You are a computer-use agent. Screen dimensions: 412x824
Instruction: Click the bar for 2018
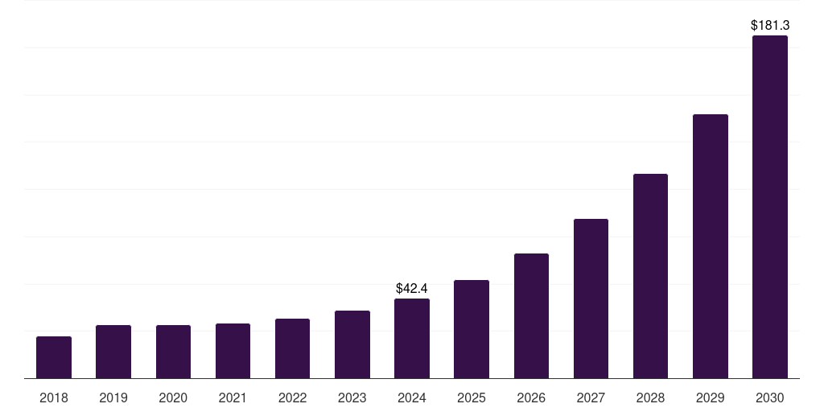tap(54, 357)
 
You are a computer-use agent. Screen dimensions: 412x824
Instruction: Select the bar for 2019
tap(113, 352)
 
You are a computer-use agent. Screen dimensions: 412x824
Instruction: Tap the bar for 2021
tap(233, 351)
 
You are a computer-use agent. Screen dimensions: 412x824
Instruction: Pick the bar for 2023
tap(352, 344)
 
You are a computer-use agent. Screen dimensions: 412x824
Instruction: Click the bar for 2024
tap(412, 338)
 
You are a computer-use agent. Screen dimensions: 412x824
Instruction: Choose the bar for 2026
tap(531, 315)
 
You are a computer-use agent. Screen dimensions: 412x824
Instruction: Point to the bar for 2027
tap(591, 299)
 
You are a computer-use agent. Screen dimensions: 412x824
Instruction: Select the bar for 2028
tap(650, 276)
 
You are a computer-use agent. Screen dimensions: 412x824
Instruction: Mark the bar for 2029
tap(710, 246)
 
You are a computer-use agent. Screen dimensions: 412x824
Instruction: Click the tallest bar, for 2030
tap(770, 207)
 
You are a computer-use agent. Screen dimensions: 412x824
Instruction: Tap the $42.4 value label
tap(412, 288)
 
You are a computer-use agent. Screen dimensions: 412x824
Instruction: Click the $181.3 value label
tap(770, 26)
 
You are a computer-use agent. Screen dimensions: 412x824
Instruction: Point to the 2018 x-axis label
tap(54, 398)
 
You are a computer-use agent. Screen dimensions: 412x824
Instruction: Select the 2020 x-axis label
tap(173, 398)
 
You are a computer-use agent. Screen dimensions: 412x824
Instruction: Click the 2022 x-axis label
tap(292, 398)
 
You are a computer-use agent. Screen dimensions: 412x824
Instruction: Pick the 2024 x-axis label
tap(412, 398)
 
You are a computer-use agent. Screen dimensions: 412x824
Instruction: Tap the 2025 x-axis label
tap(472, 398)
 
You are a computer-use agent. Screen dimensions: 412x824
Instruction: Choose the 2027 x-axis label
tap(591, 398)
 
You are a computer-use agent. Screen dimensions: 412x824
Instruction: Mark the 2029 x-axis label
tap(710, 398)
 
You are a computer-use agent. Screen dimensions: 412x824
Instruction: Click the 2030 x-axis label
tap(770, 398)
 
